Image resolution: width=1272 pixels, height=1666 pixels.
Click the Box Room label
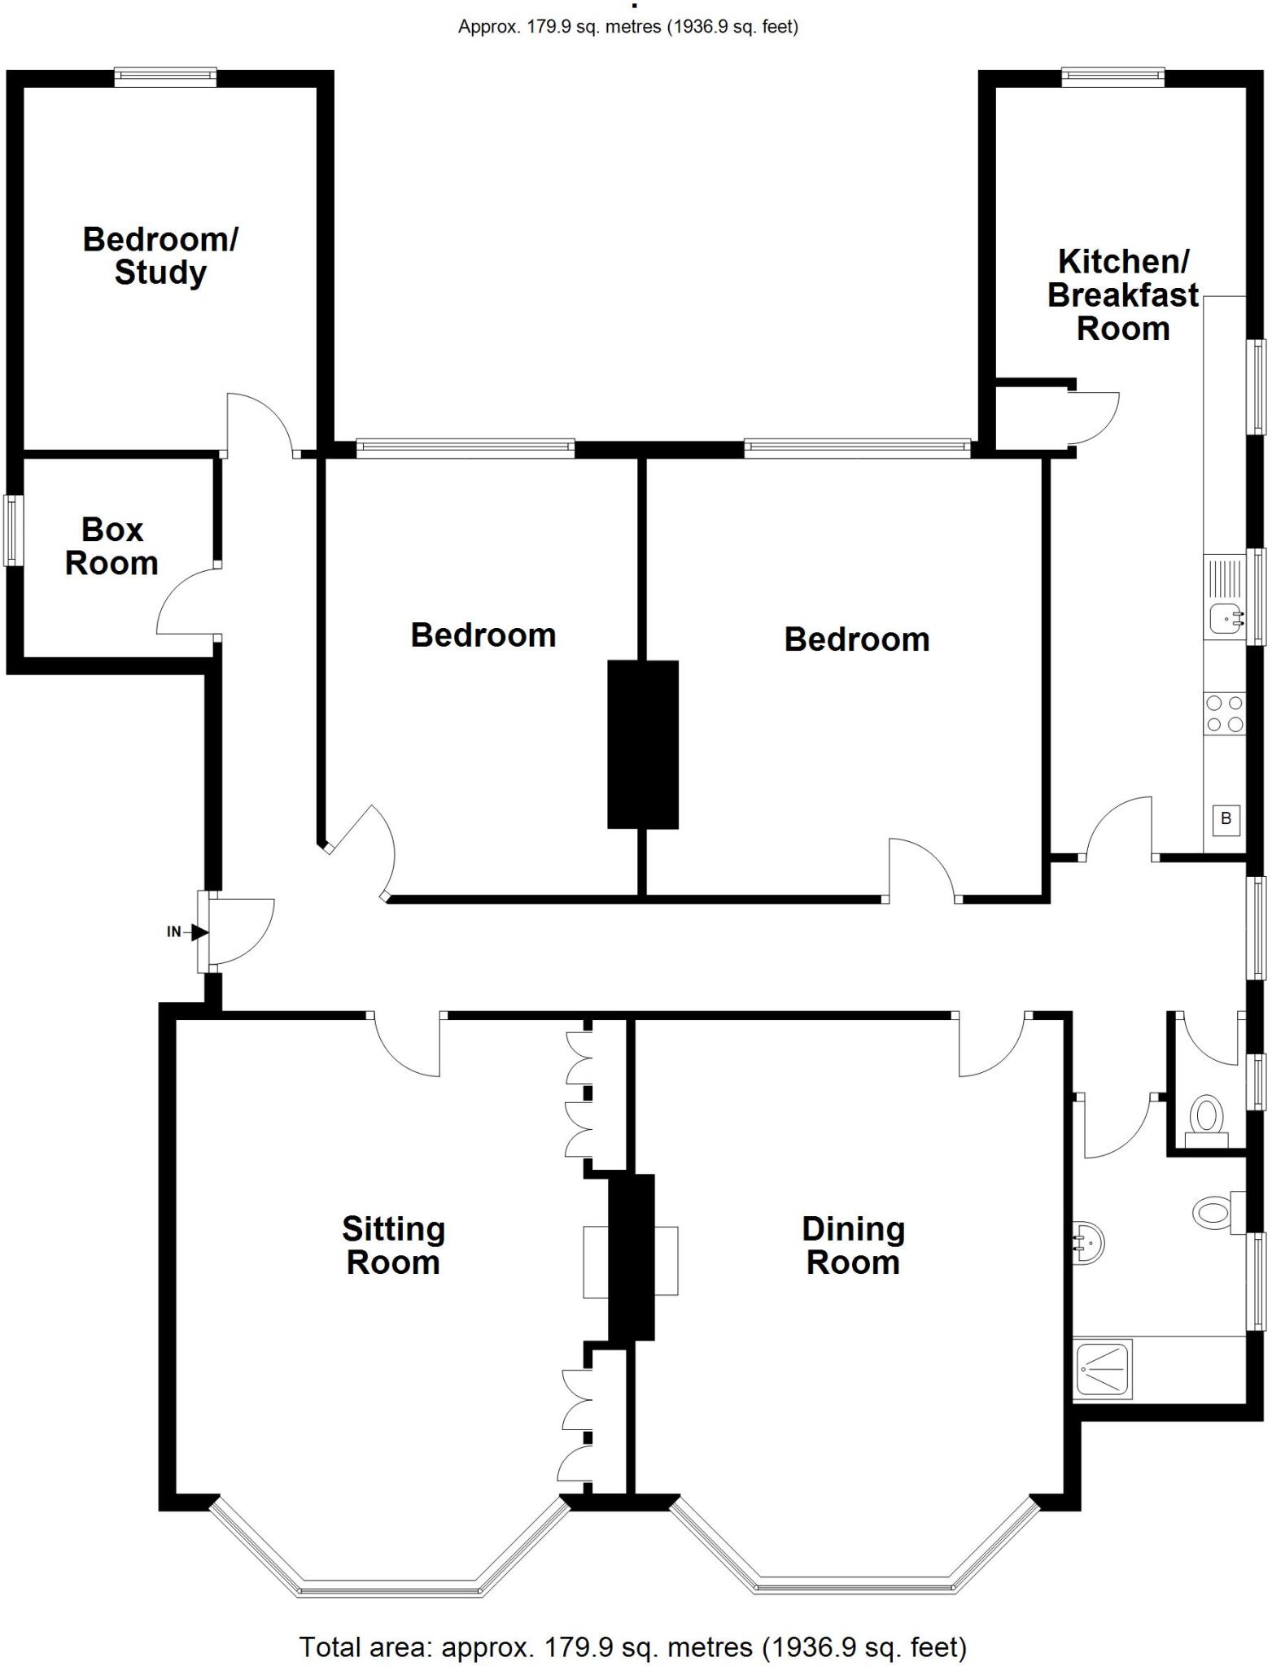[111, 547]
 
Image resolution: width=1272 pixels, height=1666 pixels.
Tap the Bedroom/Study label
[160, 255]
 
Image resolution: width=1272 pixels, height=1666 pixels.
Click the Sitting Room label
[393, 1245]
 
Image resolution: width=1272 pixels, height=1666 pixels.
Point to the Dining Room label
[853, 1245]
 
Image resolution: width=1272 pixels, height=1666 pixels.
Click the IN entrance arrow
[198, 932]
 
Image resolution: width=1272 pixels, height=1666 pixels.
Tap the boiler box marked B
[1226, 819]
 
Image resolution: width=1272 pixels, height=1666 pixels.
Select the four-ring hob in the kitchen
[1224, 713]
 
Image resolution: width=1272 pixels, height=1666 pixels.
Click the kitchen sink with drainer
[1224, 599]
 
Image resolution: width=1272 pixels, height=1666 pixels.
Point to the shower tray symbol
[1103, 1371]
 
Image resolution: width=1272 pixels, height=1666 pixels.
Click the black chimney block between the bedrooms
[643, 744]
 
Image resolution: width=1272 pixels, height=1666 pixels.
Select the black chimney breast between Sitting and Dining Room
[632, 1257]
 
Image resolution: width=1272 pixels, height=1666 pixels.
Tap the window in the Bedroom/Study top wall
[165, 78]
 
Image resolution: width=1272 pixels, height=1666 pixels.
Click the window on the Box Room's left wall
[13, 530]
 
